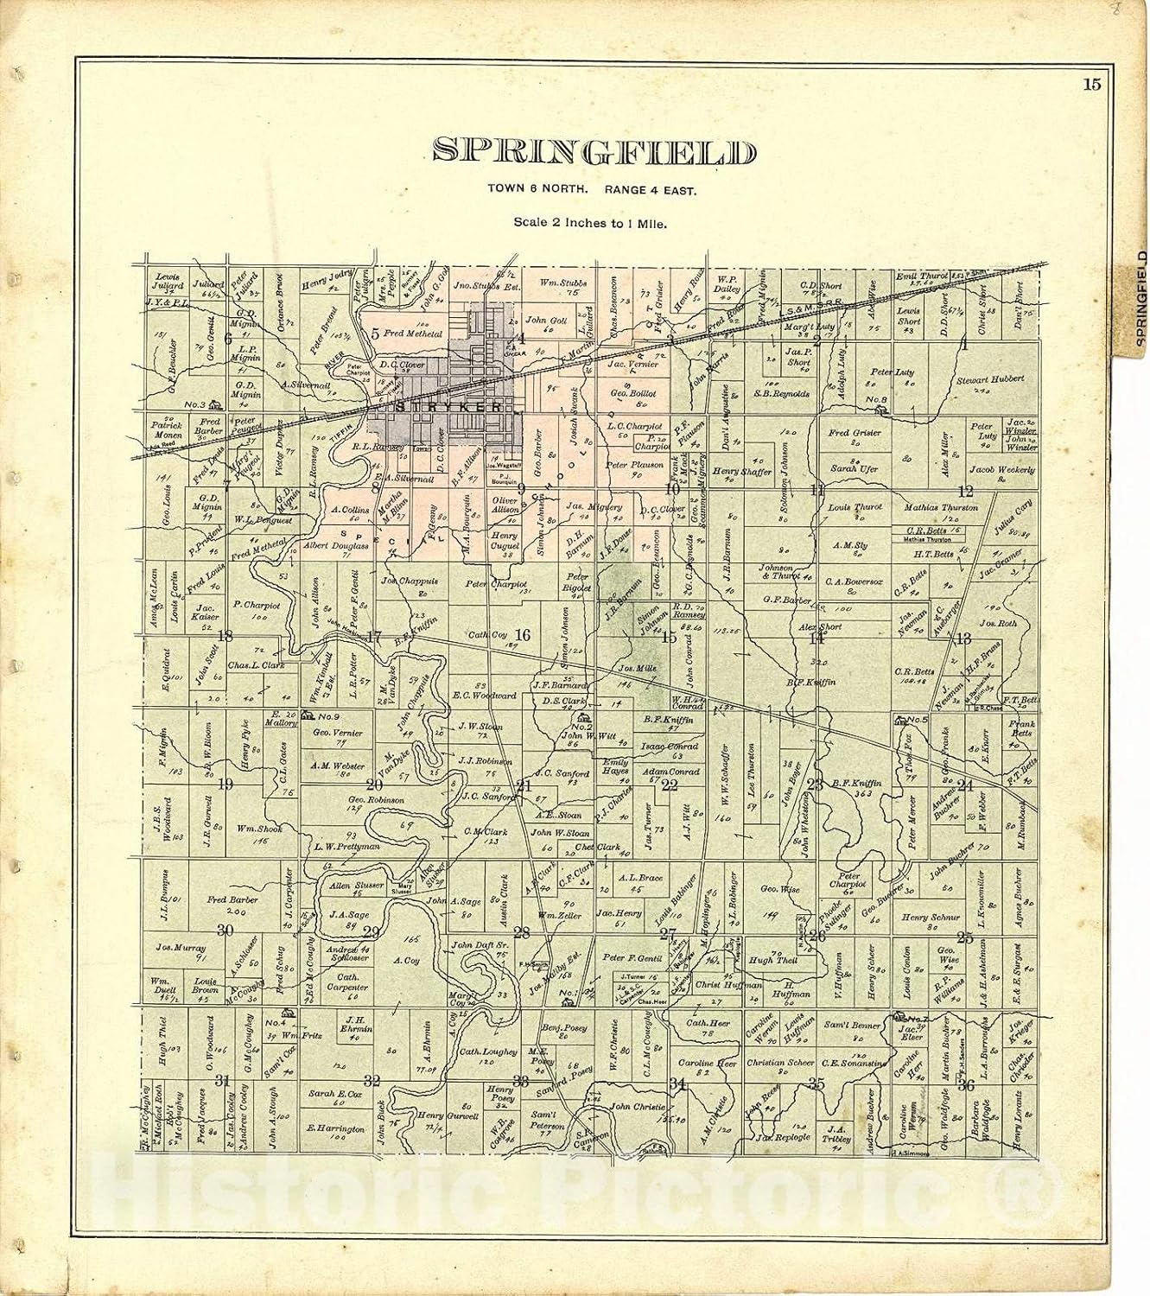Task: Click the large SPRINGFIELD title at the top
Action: [x=593, y=152]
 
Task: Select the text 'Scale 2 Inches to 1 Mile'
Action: [x=594, y=222]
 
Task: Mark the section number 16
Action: [x=523, y=636]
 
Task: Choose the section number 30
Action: [x=226, y=931]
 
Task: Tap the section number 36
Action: [x=965, y=1085]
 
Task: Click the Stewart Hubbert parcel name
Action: [x=989, y=379]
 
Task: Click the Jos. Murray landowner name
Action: [x=180, y=947]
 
